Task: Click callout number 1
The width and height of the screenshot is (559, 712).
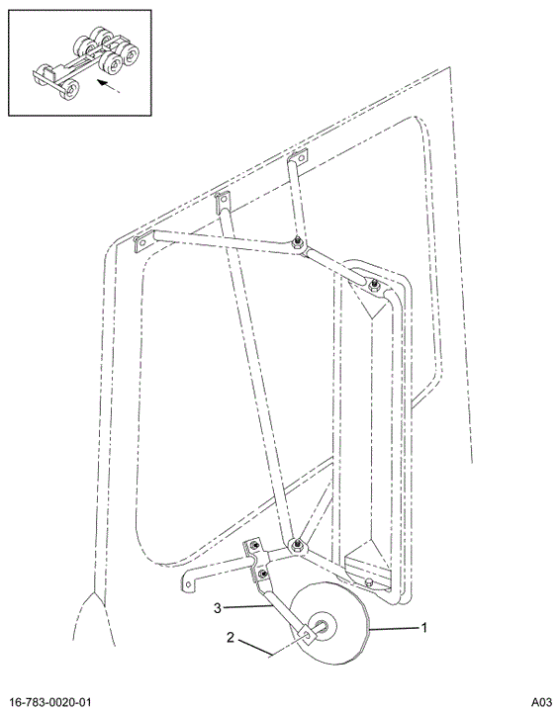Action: coord(424,628)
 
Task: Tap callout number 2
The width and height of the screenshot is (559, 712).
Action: coord(231,638)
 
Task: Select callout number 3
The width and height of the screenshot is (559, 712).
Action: coord(218,607)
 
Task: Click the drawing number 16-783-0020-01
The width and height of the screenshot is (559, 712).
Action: coord(50,702)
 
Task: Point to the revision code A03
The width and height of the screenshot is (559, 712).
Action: coord(542,702)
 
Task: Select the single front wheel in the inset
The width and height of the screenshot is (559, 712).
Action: coord(70,89)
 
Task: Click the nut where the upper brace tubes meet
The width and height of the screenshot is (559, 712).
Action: coord(298,242)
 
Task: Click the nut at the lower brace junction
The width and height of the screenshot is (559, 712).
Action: coord(297,545)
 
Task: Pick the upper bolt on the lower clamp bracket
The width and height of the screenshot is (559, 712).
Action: coord(254,546)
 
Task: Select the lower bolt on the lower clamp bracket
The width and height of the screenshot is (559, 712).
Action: coord(262,575)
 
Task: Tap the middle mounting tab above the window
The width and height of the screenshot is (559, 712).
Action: coord(224,201)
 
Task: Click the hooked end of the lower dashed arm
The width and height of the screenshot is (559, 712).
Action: coord(189,583)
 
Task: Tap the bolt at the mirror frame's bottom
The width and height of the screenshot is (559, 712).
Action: coord(369,582)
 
